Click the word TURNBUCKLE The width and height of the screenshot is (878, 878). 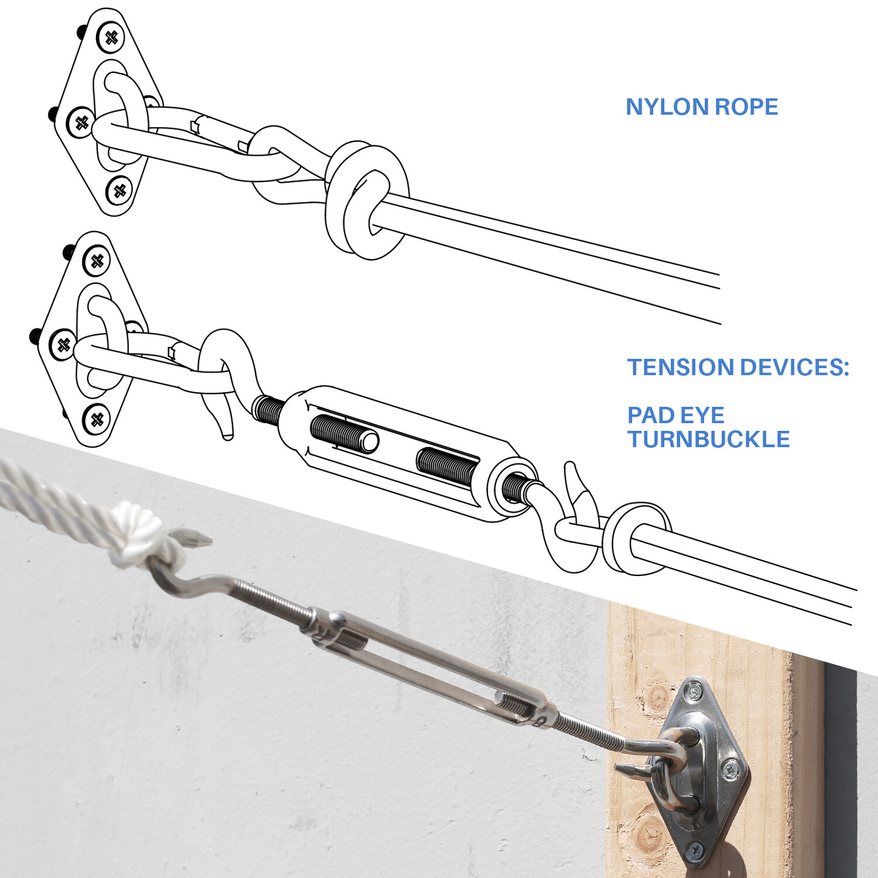pos(708,439)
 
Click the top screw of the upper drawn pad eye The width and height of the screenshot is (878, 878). pos(111,37)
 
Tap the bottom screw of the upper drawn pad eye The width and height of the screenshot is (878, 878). pos(119,190)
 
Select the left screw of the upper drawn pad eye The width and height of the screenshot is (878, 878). pos(81,123)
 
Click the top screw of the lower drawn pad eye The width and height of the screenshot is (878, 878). pos(97,261)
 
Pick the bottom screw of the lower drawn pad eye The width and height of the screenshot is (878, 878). pos(97,419)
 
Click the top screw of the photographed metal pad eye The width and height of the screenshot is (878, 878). pos(694,692)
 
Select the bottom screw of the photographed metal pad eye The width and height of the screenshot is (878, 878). pos(696,849)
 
